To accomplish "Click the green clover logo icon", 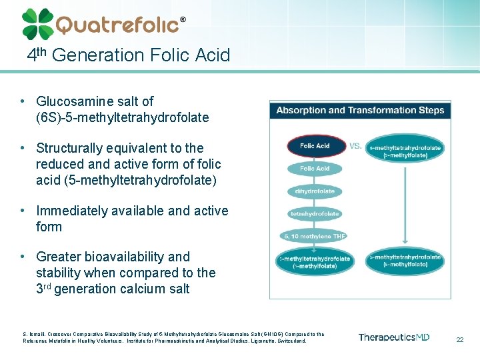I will coord(37,24).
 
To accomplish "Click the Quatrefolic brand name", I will coord(117,25).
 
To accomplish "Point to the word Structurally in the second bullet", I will coord(73,148).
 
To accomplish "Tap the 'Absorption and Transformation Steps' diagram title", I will coord(360,110).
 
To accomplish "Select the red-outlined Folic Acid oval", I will coord(315,146).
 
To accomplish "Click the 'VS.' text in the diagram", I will coord(355,145).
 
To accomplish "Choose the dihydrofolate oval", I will coord(315,191).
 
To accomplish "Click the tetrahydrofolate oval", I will coord(315,214).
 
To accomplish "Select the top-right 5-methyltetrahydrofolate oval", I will coord(405,151).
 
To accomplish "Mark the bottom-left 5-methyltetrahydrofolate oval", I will coord(314,262).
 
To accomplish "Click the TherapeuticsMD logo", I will coord(393,337).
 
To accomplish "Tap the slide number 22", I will coord(459,339).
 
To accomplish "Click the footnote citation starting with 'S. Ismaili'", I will coord(173,337).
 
